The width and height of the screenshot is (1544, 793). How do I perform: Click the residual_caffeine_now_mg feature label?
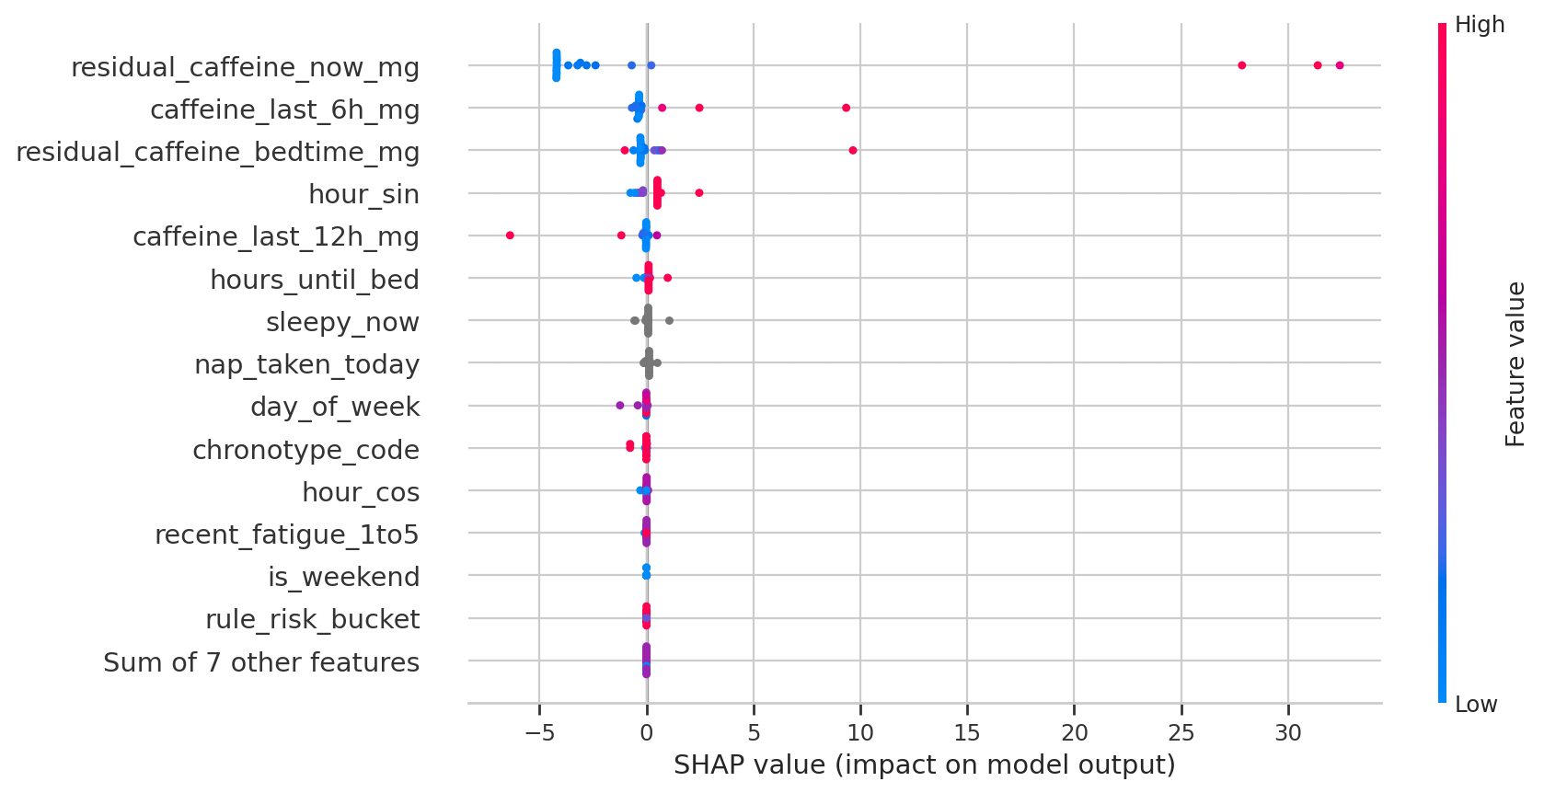pos(245,67)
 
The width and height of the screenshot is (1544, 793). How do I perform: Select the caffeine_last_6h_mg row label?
pos(284,109)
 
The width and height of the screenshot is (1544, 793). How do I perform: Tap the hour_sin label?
pos(363,194)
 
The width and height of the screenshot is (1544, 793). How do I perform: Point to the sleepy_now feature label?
pos(342,322)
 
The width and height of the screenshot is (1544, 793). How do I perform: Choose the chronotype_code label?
pos(305,450)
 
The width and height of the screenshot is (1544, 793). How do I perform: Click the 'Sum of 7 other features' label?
pos(261,662)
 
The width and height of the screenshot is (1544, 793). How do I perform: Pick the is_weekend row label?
pos(343,577)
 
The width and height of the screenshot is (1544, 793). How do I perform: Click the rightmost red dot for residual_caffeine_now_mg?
pos(1340,65)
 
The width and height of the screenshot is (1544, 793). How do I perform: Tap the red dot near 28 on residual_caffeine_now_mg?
pos(1242,65)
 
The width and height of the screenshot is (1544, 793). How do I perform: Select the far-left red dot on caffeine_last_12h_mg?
pos(510,236)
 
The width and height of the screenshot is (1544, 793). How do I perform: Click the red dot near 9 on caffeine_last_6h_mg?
pos(846,108)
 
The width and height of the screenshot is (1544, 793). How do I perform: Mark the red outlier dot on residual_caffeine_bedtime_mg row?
pos(853,150)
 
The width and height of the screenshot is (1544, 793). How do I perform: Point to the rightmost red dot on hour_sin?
pos(699,192)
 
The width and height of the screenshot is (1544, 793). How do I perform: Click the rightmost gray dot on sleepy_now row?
pos(669,320)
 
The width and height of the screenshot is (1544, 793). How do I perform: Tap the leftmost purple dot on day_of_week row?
pos(619,405)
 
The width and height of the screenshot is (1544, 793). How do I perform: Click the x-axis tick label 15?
pos(967,733)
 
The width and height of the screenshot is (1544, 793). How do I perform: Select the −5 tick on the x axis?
pos(539,733)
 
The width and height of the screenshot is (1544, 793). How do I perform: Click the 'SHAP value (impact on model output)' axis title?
pos(924,764)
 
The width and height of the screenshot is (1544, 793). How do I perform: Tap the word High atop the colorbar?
pos(1479,25)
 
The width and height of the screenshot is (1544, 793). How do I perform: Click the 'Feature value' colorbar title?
pos(1515,364)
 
